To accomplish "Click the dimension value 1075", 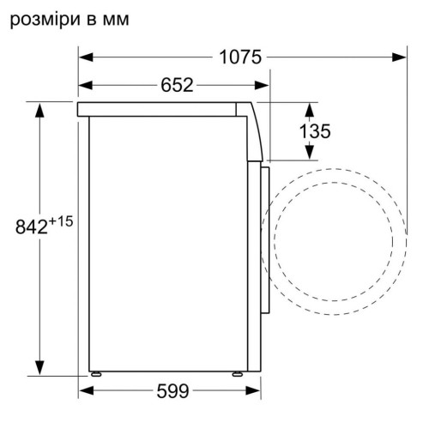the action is tap(240, 57).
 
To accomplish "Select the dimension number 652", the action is tap(177, 85).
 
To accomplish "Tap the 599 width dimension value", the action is tap(172, 390).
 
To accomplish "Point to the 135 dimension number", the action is tap(315, 131).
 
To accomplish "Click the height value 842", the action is tap(32, 227).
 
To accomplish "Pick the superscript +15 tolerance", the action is tap(61, 221).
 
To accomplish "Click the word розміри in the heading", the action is tap(45, 20).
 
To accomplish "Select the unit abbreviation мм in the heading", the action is tap(116, 21).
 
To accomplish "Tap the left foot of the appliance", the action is tap(95, 374).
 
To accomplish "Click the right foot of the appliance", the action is tap(238, 374).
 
